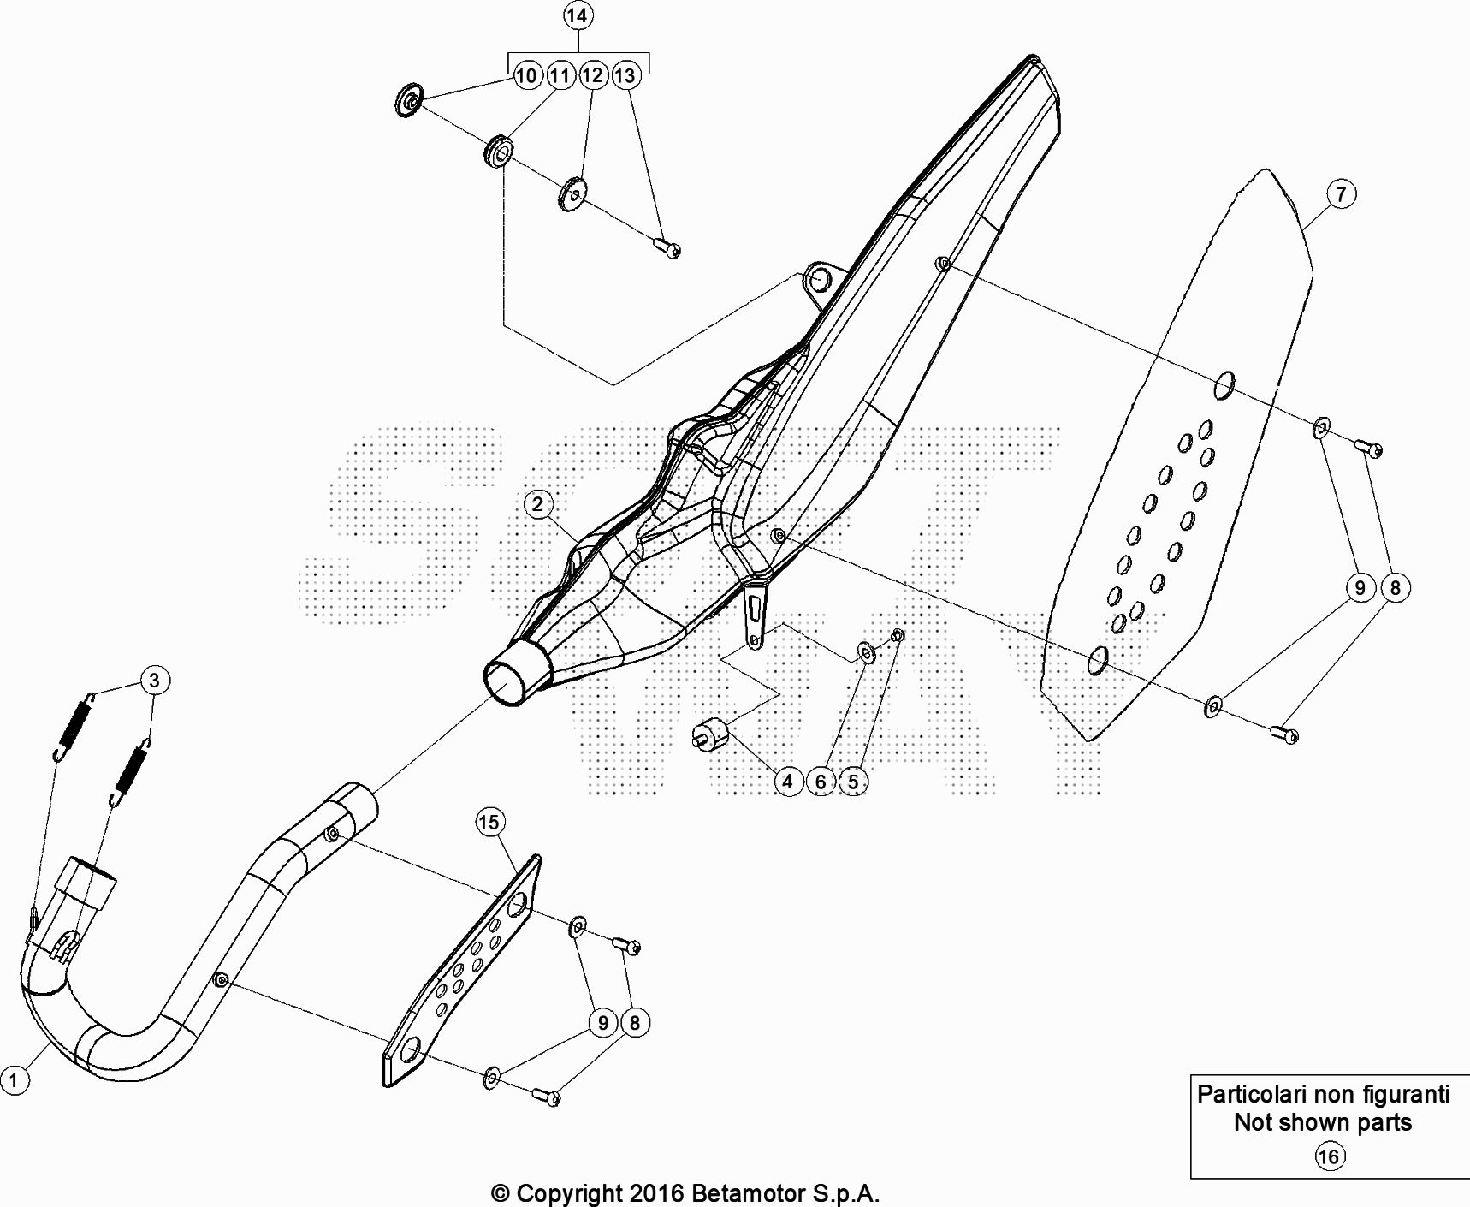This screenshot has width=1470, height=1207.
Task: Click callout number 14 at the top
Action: click(577, 15)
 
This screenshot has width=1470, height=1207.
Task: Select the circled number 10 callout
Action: click(526, 75)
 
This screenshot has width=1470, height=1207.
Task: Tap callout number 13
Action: click(625, 75)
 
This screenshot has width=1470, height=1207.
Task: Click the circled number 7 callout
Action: click(1341, 194)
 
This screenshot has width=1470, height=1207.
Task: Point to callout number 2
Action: click(537, 503)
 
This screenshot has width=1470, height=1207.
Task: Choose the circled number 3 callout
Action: click(154, 681)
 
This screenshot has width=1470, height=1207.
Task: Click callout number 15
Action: click(489, 823)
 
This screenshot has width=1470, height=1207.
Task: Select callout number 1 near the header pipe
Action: click(14, 1079)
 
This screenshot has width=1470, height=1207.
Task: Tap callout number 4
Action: click(787, 781)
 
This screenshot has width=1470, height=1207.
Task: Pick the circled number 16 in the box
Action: click(1328, 1157)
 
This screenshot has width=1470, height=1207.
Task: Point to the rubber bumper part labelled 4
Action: click(709, 734)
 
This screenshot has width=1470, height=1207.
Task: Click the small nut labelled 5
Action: click(898, 635)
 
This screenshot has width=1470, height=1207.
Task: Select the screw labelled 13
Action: click(667, 248)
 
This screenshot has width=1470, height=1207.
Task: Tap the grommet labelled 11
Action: click(499, 152)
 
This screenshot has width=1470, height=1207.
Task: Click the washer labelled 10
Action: click(410, 101)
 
